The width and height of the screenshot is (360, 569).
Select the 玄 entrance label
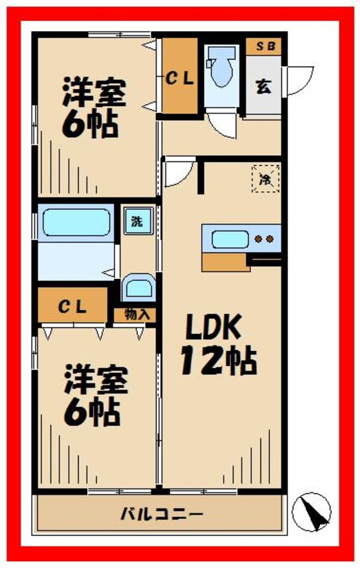[263, 86]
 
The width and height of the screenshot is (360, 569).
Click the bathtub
[77, 223]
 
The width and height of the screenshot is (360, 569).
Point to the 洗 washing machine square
[137, 221]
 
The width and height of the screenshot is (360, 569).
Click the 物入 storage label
[136, 314]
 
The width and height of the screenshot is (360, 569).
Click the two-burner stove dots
[265, 239]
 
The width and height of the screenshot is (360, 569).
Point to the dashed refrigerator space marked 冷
[265, 177]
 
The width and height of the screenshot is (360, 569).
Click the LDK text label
[212, 328]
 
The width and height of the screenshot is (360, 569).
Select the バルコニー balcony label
[162, 513]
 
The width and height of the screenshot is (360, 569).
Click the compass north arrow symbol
[312, 511]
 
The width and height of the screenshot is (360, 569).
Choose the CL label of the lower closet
[73, 308]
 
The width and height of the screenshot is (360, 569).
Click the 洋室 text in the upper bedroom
[94, 94]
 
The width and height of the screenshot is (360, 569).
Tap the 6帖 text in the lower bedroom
[92, 411]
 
